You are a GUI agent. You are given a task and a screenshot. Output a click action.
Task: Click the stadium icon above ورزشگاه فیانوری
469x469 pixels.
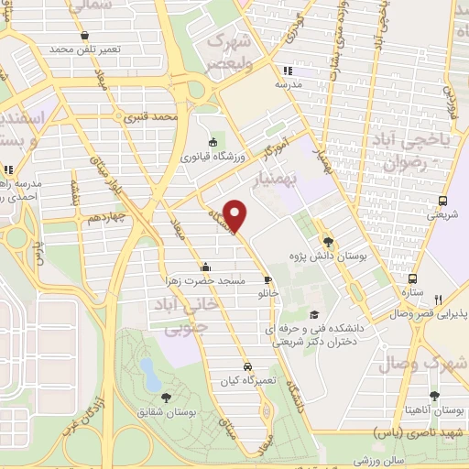(213, 142)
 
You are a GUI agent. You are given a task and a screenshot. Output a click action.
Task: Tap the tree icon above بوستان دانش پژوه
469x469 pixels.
(329, 243)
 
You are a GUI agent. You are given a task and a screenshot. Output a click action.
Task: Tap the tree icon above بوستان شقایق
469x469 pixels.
(166, 397)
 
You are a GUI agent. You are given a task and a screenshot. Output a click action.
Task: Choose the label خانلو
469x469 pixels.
(267, 294)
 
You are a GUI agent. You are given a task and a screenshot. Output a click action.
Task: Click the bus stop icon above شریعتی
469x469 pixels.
(443, 202)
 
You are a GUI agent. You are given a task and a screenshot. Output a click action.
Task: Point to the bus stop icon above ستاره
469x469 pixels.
(412, 278)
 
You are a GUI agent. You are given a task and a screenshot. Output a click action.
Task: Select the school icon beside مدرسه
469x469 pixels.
(288, 71)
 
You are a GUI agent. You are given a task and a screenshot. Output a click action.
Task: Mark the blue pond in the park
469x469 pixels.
(147, 370)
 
